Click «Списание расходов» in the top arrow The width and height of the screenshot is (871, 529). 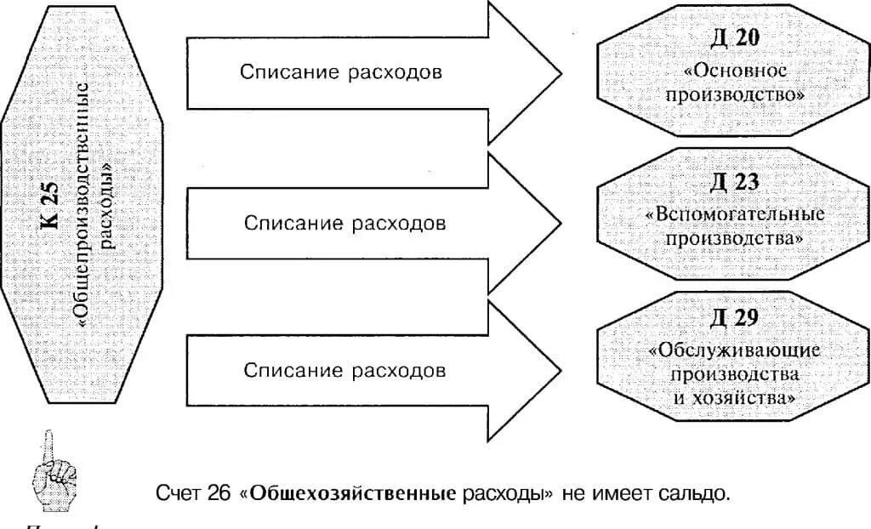coord(341,72)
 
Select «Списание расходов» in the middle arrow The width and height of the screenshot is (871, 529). coord(344,224)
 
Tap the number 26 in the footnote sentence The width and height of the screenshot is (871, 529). coord(219,493)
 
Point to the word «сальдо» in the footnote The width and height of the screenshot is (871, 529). coord(702,493)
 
